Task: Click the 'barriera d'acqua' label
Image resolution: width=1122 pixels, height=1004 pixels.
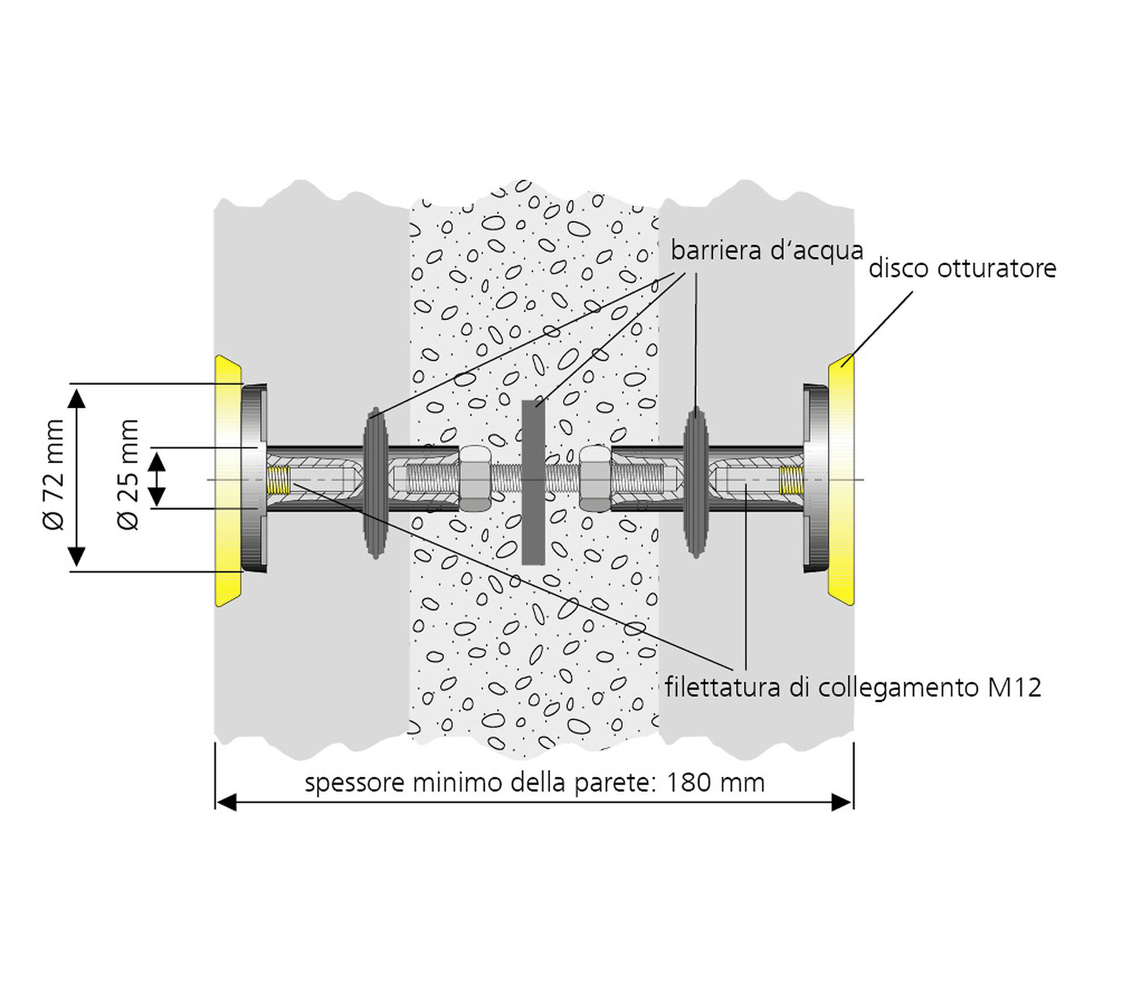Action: pos(766,250)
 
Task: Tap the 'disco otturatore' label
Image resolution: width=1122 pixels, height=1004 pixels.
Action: pos(962,268)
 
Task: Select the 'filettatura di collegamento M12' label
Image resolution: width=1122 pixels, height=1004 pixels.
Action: pos(853,688)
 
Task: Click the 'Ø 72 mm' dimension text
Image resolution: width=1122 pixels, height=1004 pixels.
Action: pos(54,474)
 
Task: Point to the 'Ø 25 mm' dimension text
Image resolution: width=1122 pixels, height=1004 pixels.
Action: pos(129,474)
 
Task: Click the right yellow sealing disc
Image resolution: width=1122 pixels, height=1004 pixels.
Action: pos(841,481)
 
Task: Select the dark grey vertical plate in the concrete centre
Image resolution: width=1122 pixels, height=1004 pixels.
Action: pos(532,482)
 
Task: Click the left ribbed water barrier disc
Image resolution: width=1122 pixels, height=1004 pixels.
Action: pos(375,482)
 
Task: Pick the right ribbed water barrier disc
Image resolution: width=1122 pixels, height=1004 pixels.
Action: pos(695,482)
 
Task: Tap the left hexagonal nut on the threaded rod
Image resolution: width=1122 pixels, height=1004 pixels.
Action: pos(475,478)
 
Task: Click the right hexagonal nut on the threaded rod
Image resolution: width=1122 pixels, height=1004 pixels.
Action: pos(595,478)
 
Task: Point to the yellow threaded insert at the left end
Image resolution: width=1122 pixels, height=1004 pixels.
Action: pos(279,480)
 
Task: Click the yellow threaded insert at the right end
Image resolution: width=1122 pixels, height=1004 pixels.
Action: pos(791,480)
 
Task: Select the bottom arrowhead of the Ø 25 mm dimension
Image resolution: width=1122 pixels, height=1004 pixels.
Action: pos(156,497)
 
